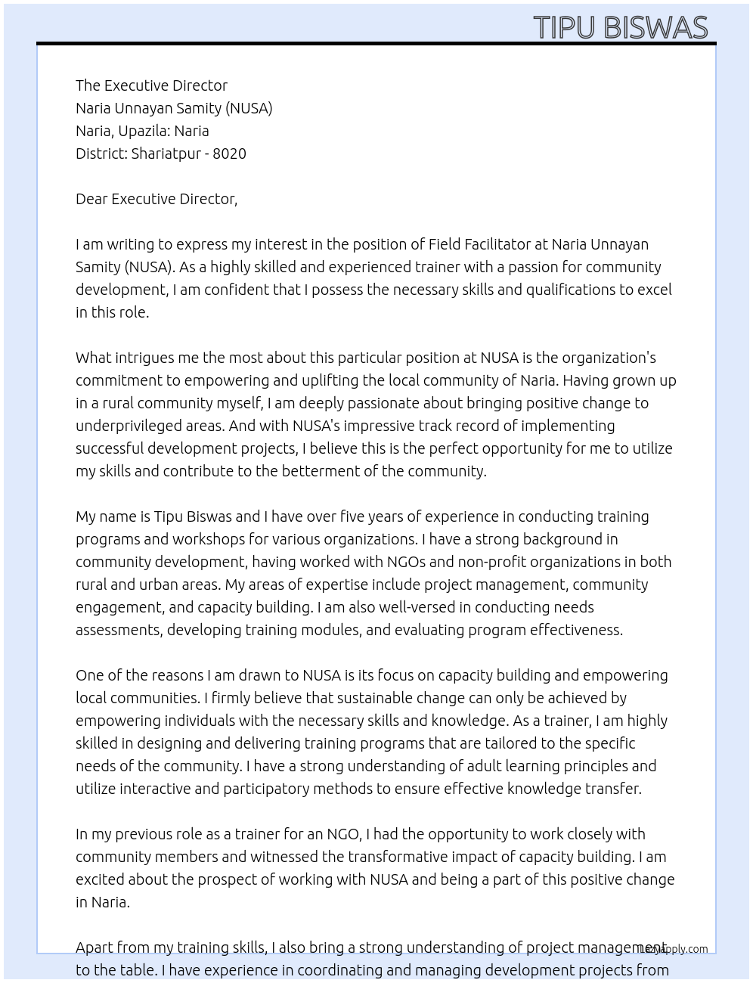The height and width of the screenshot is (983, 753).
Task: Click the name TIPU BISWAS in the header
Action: pos(620,27)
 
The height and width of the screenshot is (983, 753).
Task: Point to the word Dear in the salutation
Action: pos(91,199)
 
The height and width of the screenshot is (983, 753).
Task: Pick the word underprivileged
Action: pos(128,426)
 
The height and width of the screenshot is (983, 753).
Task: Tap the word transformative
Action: pos(398,857)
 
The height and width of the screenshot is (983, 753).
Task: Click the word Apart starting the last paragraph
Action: pos(95,947)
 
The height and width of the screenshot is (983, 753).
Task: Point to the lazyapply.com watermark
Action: pos(674,949)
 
